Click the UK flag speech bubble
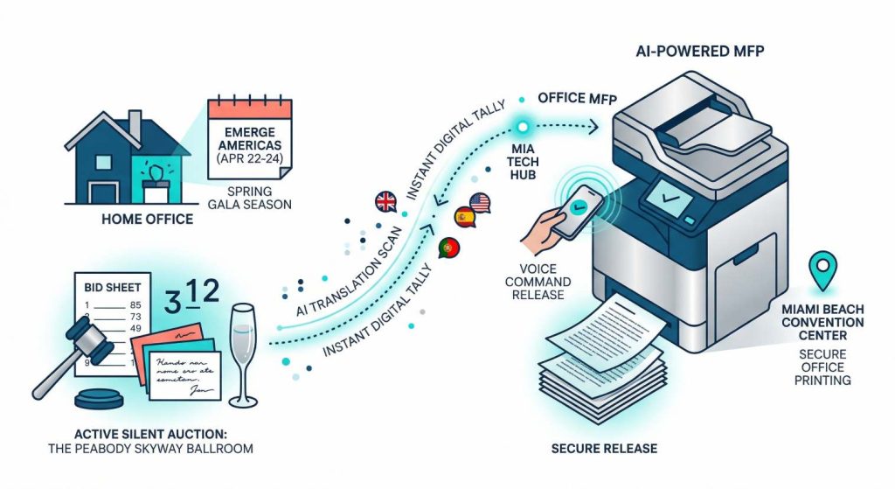click(x=385, y=202)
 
